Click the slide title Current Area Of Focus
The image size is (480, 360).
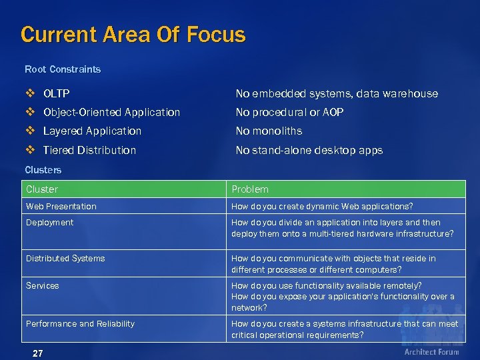(x=133, y=34)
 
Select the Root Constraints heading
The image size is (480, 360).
(x=63, y=69)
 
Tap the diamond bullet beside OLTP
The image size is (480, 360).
(x=31, y=93)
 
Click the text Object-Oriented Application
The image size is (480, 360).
(x=111, y=112)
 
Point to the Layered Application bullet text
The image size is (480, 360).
(x=92, y=131)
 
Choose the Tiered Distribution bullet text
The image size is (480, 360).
(x=89, y=150)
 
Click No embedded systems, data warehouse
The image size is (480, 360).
(x=337, y=93)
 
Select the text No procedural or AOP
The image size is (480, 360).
(x=289, y=112)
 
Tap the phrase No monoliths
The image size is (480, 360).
(x=269, y=131)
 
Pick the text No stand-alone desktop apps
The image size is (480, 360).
(x=309, y=150)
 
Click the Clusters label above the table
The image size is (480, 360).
(x=43, y=170)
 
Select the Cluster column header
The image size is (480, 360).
(x=42, y=189)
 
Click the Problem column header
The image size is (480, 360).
(x=250, y=189)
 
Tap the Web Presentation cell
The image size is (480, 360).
(x=61, y=206)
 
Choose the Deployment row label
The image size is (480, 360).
(x=49, y=222)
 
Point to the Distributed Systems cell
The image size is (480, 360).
(x=65, y=258)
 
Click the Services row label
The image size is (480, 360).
(x=42, y=285)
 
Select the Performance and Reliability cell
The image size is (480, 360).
(x=80, y=323)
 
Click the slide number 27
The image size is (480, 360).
(x=37, y=353)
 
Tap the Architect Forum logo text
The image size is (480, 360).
(x=431, y=351)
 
